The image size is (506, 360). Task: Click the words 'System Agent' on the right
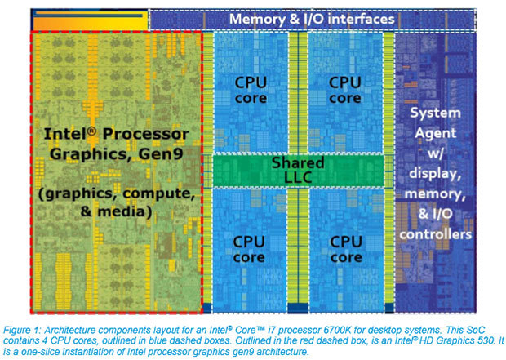click(x=441, y=121)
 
